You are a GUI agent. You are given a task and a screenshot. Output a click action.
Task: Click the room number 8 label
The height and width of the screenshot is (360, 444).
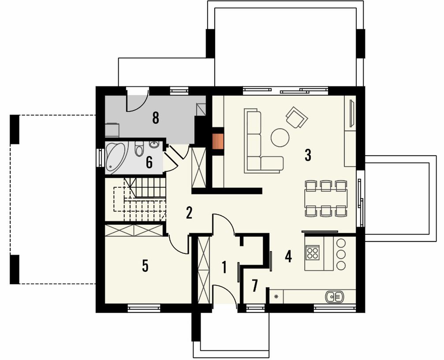(x=156, y=118)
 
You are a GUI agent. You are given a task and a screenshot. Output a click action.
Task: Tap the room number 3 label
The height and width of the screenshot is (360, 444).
(x=308, y=155)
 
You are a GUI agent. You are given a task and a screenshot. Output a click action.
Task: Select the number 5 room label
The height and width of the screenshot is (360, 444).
(x=145, y=266)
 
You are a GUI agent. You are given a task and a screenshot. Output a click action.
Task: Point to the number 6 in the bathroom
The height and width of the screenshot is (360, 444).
(x=149, y=163)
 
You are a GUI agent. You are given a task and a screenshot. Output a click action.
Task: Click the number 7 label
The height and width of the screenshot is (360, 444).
(x=254, y=286)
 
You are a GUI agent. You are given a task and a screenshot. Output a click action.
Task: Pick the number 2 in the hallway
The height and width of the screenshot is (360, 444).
(x=189, y=213)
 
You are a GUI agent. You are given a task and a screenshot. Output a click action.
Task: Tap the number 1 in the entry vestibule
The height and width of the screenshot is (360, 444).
(x=224, y=267)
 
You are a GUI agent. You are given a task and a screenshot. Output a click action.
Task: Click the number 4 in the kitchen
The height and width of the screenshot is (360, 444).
(x=288, y=257)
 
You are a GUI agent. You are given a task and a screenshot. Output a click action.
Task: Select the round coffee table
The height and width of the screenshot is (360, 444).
(x=280, y=138)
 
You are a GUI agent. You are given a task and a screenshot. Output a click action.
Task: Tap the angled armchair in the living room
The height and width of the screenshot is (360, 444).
(x=297, y=117)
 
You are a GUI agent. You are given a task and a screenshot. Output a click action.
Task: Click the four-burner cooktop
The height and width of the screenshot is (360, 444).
(x=313, y=252)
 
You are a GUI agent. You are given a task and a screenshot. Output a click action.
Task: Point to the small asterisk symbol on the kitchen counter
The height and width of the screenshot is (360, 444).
(x=276, y=296)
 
